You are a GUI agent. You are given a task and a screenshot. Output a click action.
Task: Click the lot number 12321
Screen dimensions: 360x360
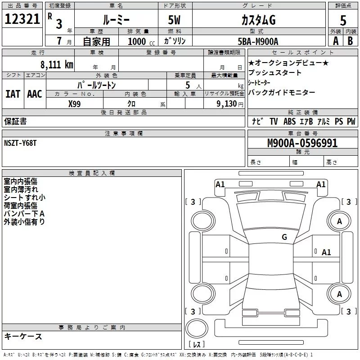(x=22, y=19)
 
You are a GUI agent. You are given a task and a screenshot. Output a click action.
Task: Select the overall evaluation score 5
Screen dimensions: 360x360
(x=343, y=20)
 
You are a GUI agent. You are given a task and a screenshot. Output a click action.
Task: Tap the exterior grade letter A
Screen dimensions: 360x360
(x=335, y=40)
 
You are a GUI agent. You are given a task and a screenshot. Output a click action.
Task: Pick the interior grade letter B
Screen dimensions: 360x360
(x=350, y=40)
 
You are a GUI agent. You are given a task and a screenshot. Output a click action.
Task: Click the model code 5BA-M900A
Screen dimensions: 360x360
(x=258, y=41)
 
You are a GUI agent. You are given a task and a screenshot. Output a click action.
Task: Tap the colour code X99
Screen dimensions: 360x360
(x=75, y=103)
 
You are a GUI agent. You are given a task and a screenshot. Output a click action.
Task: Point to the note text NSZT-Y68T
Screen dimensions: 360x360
(x=21, y=143)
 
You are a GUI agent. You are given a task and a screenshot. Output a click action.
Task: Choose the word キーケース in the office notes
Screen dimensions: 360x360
(x=23, y=337)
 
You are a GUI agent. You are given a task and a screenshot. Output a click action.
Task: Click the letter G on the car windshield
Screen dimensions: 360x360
(x=284, y=237)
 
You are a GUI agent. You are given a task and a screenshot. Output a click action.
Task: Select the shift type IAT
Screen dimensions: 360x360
(x=13, y=94)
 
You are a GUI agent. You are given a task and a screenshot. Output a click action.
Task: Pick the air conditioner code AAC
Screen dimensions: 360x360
(x=34, y=94)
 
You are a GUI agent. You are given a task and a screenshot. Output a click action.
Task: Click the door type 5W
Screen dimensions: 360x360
(x=175, y=21)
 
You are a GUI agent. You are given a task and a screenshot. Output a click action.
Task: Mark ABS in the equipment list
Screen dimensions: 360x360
(x=290, y=121)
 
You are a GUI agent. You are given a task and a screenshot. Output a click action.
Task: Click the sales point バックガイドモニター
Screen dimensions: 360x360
(x=282, y=92)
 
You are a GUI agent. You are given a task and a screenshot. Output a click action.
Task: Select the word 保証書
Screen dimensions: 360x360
(x=15, y=121)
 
